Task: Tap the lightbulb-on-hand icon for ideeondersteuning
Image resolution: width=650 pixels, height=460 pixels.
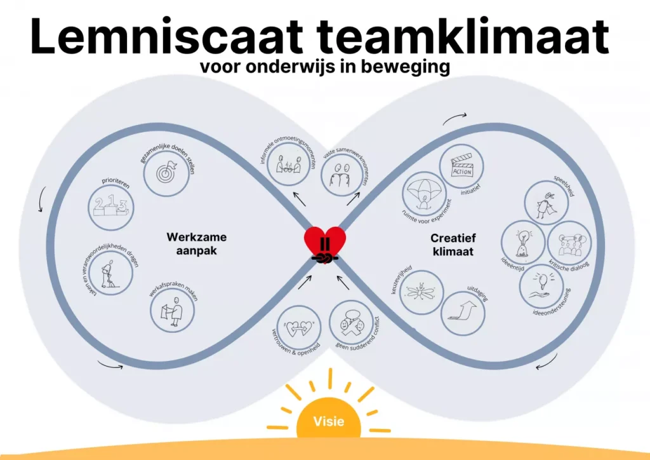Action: [541, 285]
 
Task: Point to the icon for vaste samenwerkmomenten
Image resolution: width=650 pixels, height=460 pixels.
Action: [340, 173]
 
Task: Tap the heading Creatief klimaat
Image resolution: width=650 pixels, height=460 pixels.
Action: [453, 245]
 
